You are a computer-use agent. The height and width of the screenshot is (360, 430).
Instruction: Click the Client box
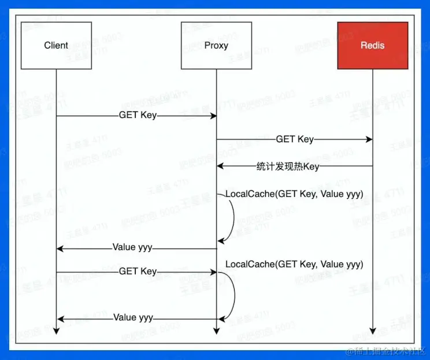click(x=56, y=45)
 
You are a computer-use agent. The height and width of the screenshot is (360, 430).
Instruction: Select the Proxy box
click(x=216, y=45)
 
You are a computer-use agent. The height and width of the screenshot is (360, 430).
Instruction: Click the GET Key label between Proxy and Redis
click(x=295, y=139)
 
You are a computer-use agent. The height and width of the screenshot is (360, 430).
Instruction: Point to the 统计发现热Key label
click(x=288, y=167)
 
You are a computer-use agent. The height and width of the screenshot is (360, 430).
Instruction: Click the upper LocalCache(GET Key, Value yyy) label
click(x=294, y=194)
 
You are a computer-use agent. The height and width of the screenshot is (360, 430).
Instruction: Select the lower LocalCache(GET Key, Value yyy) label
click(x=294, y=264)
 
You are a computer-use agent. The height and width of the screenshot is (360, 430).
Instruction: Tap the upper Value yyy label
click(x=132, y=247)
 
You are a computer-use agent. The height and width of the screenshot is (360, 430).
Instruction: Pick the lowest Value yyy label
click(x=133, y=317)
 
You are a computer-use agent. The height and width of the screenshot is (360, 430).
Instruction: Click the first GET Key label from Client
click(x=138, y=115)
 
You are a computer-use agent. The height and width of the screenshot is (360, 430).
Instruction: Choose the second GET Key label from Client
click(x=138, y=271)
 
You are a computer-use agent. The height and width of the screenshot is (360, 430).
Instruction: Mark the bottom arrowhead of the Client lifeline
click(x=56, y=331)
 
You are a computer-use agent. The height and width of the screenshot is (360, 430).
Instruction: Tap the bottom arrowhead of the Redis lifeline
click(x=372, y=331)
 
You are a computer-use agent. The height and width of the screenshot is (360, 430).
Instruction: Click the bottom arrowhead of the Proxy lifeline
click(x=216, y=331)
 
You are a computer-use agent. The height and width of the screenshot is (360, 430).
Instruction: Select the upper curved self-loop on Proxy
click(x=232, y=218)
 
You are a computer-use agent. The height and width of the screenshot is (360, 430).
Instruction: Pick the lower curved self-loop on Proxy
click(x=233, y=295)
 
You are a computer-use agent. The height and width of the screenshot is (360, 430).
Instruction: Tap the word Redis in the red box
click(x=372, y=45)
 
